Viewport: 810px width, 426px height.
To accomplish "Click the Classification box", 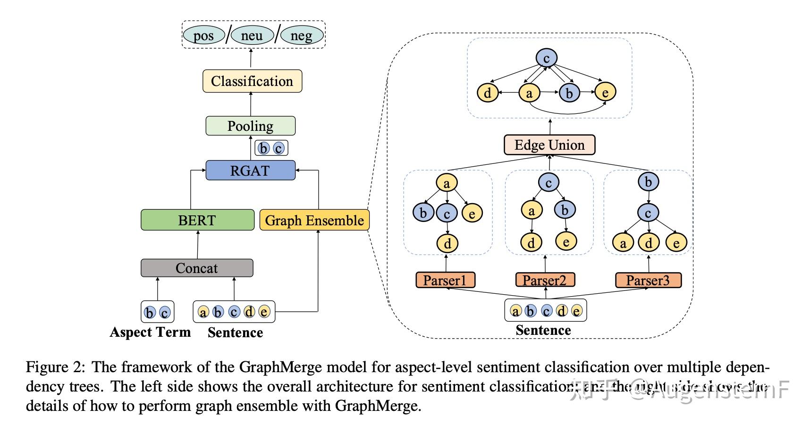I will [x=252, y=81].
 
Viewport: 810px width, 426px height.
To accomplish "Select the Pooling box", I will [x=250, y=126].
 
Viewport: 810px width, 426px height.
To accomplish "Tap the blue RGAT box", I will [x=250, y=170].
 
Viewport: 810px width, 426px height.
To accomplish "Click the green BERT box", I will [x=197, y=220].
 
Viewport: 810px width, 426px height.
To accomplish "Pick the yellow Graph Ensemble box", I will [x=314, y=220].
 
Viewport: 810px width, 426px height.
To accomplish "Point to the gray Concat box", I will [x=197, y=268].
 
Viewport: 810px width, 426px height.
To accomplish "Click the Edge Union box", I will [x=549, y=145].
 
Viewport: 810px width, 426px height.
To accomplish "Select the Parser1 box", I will [x=445, y=280].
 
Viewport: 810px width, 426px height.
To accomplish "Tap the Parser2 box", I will [x=545, y=280].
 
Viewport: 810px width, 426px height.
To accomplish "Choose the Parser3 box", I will [x=648, y=280].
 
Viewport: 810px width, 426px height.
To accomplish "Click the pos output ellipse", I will [x=203, y=36].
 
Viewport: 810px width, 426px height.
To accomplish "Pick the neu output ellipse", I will [x=252, y=36].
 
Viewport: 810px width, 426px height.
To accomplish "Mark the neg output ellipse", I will [x=302, y=36].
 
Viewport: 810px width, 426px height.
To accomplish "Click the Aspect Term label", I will [x=150, y=332].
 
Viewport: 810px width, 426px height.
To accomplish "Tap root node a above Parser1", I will [x=447, y=183].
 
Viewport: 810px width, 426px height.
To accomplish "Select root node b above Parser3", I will [x=649, y=182].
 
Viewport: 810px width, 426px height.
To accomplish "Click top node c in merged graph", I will [x=547, y=59].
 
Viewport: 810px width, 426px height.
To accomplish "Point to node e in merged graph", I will [x=605, y=92].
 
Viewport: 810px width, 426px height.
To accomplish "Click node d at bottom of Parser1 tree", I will [x=447, y=244].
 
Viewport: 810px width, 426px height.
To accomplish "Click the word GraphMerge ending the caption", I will [x=377, y=406].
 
